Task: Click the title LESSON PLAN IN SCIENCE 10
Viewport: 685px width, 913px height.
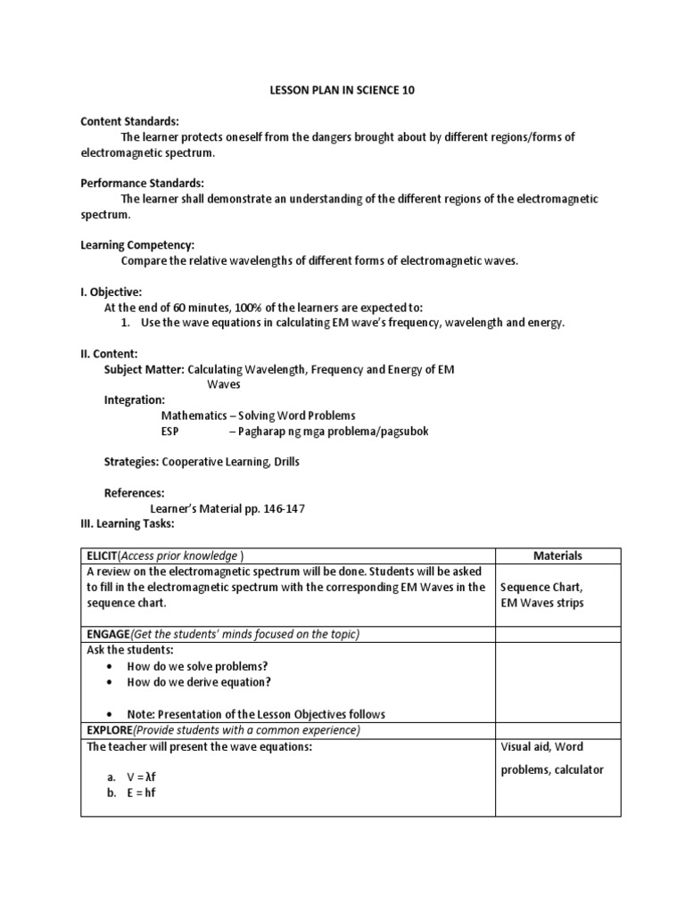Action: [x=342, y=91]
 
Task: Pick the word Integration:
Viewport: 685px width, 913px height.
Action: [x=134, y=400]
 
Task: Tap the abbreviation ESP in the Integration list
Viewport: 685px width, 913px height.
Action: [x=170, y=431]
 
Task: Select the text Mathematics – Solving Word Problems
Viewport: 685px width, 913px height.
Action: [x=258, y=415]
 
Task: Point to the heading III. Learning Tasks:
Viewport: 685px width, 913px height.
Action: [x=127, y=523]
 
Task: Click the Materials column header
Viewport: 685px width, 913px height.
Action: [x=557, y=555]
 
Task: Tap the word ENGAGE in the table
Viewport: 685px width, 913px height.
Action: [x=108, y=634]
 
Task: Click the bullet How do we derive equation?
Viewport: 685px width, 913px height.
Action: [x=199, y=682]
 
